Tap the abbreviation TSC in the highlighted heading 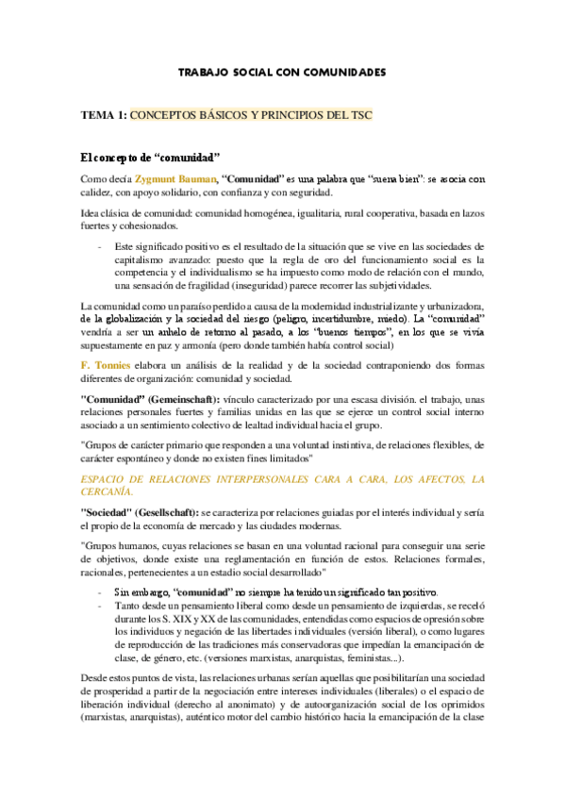[359, 115]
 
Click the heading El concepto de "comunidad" [150, 155]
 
